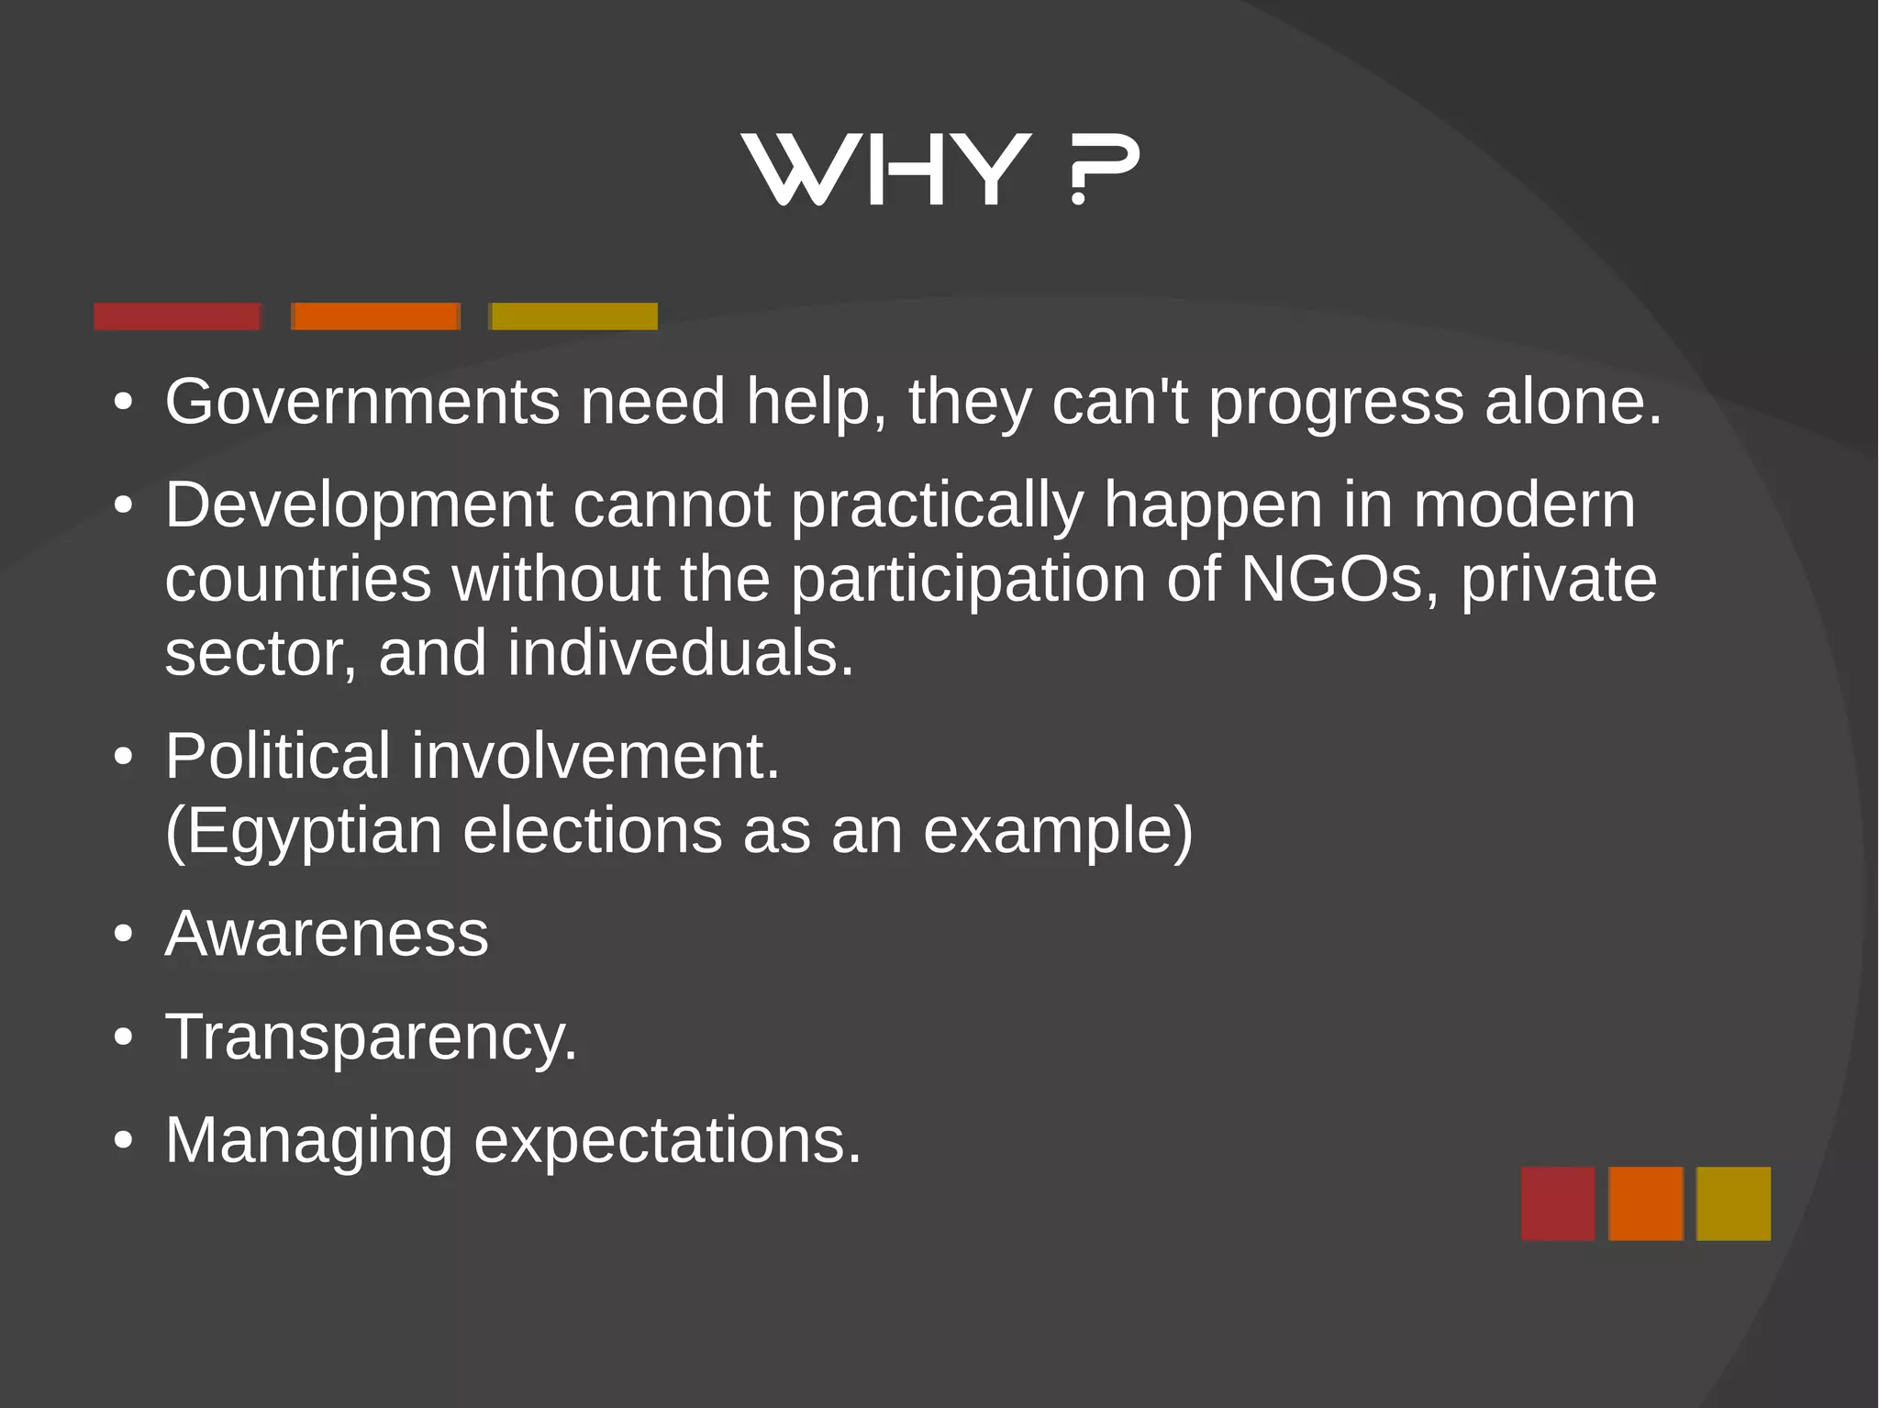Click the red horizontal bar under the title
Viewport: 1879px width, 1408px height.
[177, 316]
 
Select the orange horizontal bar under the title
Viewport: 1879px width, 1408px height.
[375, 316]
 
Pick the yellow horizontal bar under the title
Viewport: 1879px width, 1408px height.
[574, 316]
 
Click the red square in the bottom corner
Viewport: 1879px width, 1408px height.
[1557, 1203]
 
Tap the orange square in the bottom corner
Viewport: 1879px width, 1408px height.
[1645, 1203]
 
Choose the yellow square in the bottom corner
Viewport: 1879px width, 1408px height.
[1733, 1203]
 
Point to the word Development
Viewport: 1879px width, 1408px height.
[359, 506]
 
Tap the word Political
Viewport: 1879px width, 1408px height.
[278, 757]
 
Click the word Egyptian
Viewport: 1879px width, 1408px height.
[304, 832]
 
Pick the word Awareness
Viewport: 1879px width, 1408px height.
[327, 934]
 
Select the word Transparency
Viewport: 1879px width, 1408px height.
[371, 1037]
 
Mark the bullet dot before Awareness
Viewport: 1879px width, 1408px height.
[123, 935]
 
